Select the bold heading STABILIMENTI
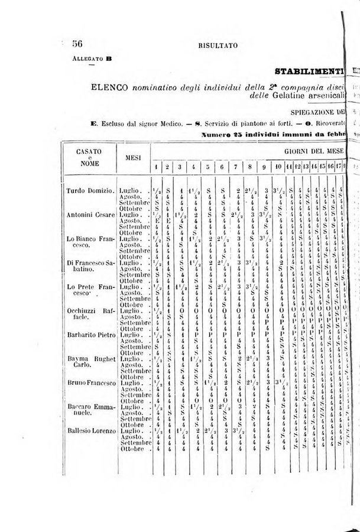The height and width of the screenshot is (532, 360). point(309,72)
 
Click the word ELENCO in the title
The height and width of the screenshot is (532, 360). point(110,88)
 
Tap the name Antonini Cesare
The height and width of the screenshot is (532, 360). point(90,214)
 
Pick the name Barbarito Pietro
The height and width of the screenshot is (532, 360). point(90,334)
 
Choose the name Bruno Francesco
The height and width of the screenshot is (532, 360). point(90,382)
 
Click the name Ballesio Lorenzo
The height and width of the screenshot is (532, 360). point(90,431)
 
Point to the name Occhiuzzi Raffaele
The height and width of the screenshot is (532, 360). point(90,313)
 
